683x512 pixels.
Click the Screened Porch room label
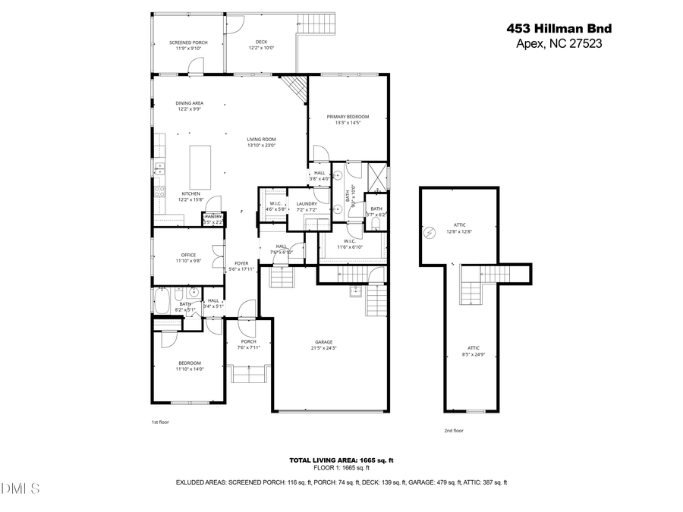pos(188,45)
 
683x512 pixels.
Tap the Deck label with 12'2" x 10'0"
pos(261,45)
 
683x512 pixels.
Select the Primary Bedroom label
pos(348,119)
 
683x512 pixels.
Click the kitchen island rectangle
pos(200,167)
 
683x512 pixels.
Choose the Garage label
pos(324,344)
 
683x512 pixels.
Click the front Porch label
pos(248,344)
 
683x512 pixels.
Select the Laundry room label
pos(307,206)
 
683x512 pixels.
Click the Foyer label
pos(241,265)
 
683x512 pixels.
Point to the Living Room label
pos(261,142)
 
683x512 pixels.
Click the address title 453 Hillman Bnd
pos(559,28)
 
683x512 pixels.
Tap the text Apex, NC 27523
pos(559,43)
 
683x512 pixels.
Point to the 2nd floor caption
pos(453,430)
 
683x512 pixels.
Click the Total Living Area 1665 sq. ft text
pos(341,460)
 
